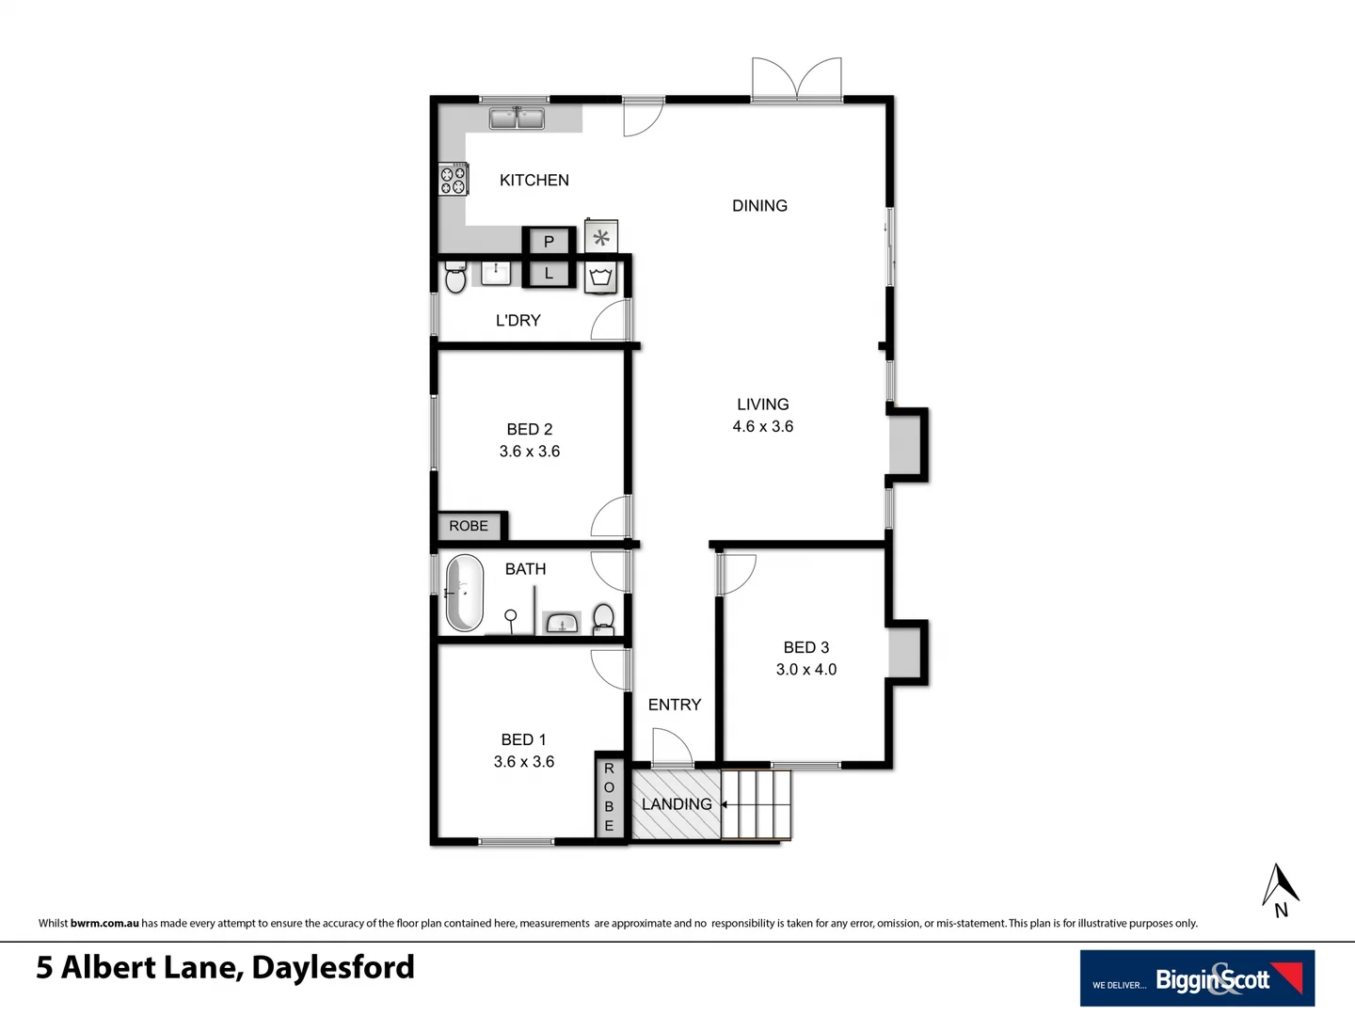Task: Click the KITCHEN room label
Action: pyautogui.click(x=534, y=180)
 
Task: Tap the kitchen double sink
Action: pyautogui.click(x=517, y=119)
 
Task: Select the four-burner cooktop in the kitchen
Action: pyautogui.click(x=454, y=179)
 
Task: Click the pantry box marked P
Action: pyautogui.click(x=549, y=241)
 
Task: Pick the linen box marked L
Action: pyautogui.click(x=549, y=274)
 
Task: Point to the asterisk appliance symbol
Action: pyautogui.click(x=601, y=236)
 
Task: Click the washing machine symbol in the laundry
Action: pyautogui.click(x=601, y=278)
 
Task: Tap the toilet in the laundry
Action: pyautogui.click(x=455, y=278)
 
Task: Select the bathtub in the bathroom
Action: pyautogui.click(x=464, y=593)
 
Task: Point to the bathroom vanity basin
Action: pyautogui.click(x=563, y=622)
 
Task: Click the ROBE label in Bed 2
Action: pyautogui.click(x=469, y=526)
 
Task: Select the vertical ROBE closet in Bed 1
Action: pyautogui.click(x=609, y=796)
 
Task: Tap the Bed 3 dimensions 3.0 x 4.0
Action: pyautogui.click(x=805, y=669)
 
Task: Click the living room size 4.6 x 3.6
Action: pyautogui.click(x=762, y=426)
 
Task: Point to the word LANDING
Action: pyautogui.click(x=677, y=804)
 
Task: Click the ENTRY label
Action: pyautogui.click(x=674, y=705)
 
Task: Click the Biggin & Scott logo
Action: pyautogui.click(x=1197, y=978)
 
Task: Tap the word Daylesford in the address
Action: pyautogui.click(x=333, y=967)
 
